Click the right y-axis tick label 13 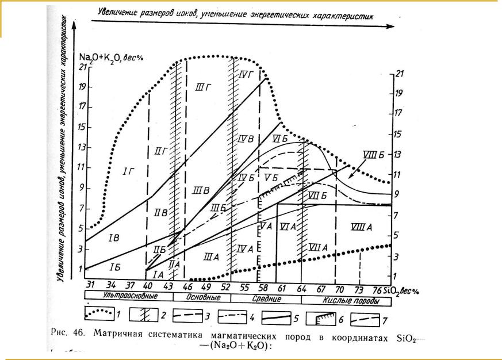[397, 155]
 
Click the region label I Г [128, 171]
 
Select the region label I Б [113, 268]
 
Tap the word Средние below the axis [266, 299]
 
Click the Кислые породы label [351, 300]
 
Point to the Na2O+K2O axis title [112, 56]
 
